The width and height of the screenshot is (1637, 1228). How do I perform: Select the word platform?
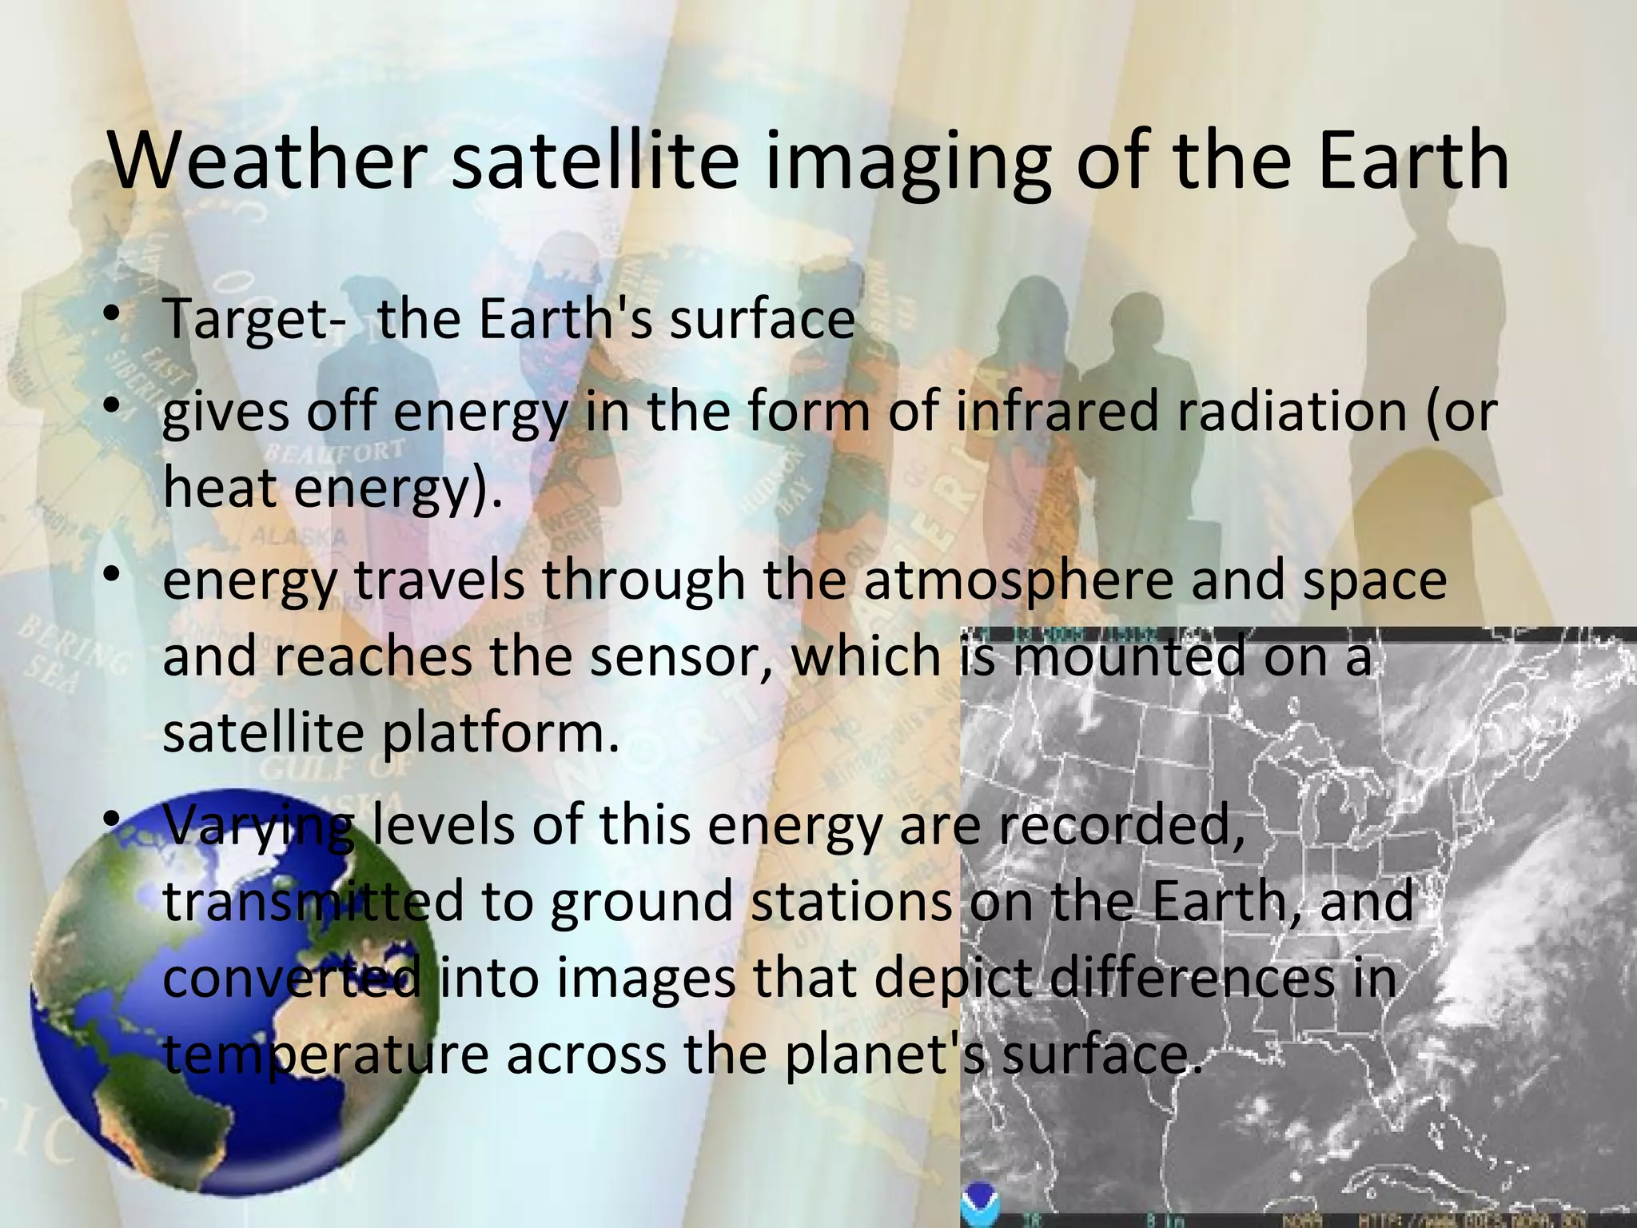500,734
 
